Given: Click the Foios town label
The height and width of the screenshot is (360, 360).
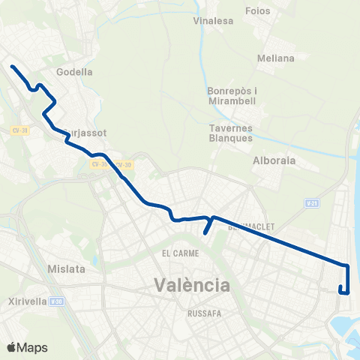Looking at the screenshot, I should click(x=257, y=11).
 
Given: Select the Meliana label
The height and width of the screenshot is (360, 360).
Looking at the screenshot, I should click(x=275, y=58).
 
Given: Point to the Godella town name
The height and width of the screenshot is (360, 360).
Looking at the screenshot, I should click(x=75, y=73).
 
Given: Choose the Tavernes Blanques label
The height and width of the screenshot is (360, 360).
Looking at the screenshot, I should click(x=230, y=133).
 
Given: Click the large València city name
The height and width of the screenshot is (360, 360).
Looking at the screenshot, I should click(x=191, y=285).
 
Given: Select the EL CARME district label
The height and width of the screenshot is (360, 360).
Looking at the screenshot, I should click(x=178, y=253).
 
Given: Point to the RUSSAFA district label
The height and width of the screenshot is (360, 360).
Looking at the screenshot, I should click(x=202, y=311).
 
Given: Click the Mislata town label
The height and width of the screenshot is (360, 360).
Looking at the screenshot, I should click(x=65, y=268).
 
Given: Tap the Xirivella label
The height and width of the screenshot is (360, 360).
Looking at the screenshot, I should click(x=24, y=301).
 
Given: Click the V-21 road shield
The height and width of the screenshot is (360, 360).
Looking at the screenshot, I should click(x=311, y=202).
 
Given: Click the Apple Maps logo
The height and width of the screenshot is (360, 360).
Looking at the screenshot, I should click(x=27, y=347).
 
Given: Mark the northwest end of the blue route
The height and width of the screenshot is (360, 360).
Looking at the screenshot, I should click(x=12, y=67).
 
